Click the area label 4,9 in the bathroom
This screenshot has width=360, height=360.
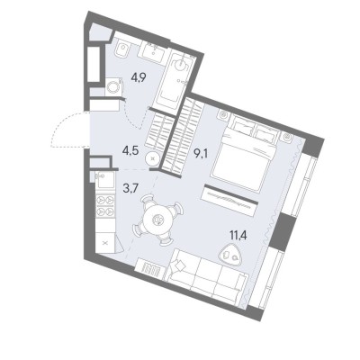(x=139, y=78)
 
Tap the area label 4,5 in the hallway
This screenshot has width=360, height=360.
(x=130, y=150)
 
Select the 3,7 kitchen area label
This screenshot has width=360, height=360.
(x=130, y=188)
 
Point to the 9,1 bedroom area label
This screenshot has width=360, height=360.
(x=201, y=155)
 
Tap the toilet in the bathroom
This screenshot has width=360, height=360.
(x=122, y=50)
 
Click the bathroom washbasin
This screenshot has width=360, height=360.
(x=153, y=53)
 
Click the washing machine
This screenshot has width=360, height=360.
(x=114, y=87)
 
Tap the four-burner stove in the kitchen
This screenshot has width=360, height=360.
(x=105, y=205)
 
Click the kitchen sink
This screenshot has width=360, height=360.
(x=105, y=180)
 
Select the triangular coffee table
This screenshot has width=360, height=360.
(x=231, y=256)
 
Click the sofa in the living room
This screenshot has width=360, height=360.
(x=207, y=277)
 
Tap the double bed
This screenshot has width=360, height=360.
(x=244, y=154)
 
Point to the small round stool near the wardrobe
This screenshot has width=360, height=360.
(x=152, y=158)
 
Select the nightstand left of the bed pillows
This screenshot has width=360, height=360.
(x=223, y=114)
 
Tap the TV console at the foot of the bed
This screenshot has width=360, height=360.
(x=230, y=200)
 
